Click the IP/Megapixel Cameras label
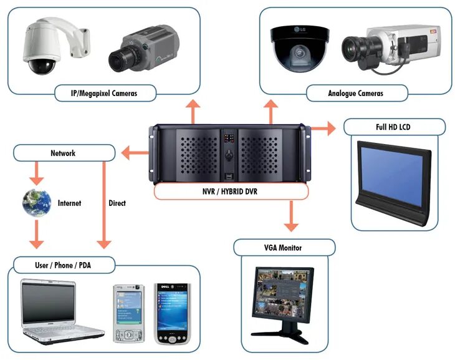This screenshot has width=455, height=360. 104,94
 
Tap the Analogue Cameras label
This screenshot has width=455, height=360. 355,94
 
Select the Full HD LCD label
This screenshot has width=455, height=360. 395,127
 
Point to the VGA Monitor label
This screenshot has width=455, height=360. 284,248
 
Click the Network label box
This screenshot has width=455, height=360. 62,153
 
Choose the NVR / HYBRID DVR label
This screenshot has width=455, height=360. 231,192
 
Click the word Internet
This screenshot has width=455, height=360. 69,203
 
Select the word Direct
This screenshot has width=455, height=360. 117,203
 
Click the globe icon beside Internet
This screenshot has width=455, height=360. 37,203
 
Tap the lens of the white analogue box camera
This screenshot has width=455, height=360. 354,47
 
